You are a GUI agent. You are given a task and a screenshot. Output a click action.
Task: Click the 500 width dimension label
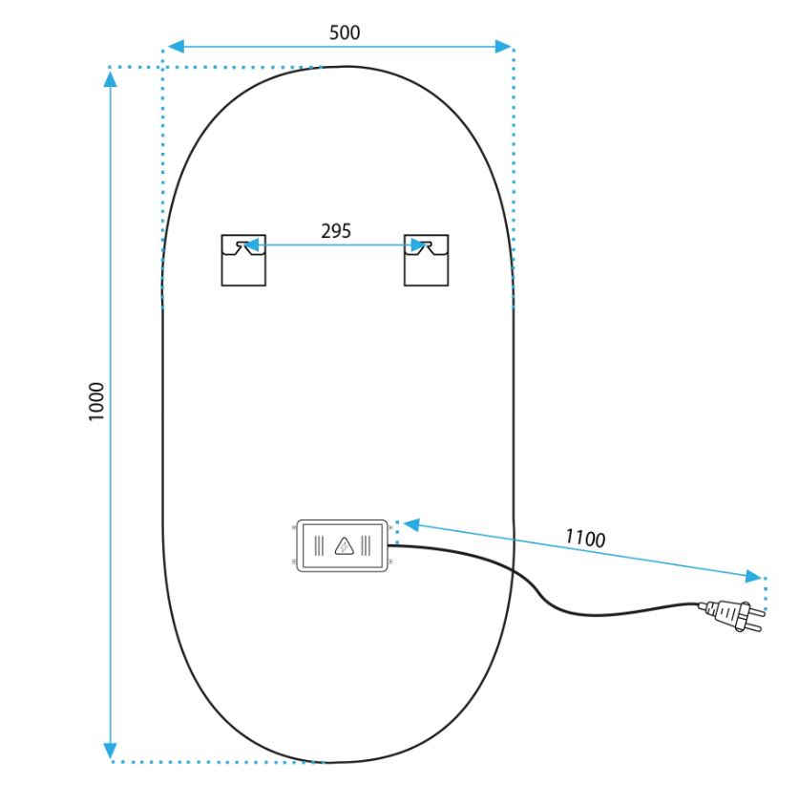pyautogui.click(x=345, y=32)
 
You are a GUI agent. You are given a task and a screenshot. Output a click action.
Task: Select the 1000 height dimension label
pyautogui.click(x=96, y=401)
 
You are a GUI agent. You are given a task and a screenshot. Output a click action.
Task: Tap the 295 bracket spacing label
pyautogui.click(x=336, y=231)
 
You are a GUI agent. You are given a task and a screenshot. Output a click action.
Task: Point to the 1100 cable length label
pyautogui.click(x=585, y=539)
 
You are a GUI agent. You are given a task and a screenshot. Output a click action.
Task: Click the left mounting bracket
pyautogui.click(x=243, y=260)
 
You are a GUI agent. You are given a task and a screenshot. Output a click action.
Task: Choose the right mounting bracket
pyautogui.click(x=426, y=260)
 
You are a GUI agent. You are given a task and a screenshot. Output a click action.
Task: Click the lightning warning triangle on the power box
pyautogui.click(x=344, y=546)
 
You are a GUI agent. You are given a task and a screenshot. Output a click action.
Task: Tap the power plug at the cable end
pyautogui.click(x=731, y=614)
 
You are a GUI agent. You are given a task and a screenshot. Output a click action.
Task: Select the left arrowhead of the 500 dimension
pyautogui.click(x=176, y=47)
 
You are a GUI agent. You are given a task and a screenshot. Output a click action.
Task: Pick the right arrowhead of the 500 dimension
pyautogui.click(x=503, y=47)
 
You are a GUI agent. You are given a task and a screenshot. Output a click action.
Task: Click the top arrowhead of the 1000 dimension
pyautogui.click(x=111, y=79)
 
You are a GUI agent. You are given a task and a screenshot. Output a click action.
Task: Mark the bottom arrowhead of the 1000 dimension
pyautogui.click(x=111, y=751)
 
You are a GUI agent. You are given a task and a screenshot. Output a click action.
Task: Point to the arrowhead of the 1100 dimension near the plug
pyautogui.click(x=754, y=576)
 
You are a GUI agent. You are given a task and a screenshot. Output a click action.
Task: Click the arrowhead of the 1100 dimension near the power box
pyautogui.click(x=411, y=525)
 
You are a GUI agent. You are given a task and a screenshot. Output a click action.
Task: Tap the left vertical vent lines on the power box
pyautogui.click(x=319, y=546)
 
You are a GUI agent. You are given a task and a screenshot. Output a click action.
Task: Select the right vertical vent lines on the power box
pyautogui.click(x=366, y=546)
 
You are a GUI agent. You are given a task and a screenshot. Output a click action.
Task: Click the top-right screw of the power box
pyautogui.click(x=390, y=528)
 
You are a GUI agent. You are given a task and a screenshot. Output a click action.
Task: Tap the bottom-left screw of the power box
pyautogui.click(x=294, y=562)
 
